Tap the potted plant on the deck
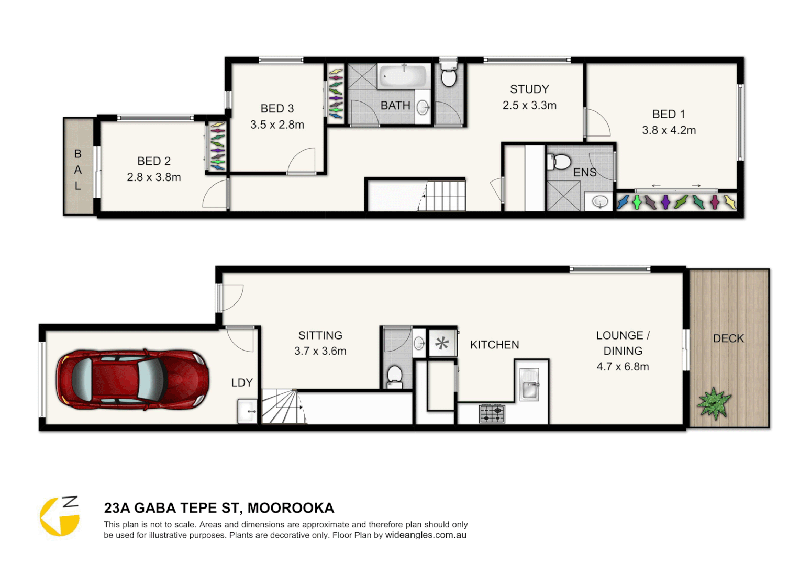pyautogui.click(x=714, y=403)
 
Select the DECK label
pyautogui.click(x=728, y=338)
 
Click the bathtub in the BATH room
pyautogui.click(x=403, y=76)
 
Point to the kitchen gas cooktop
pyautogui.click(x=492, y=414)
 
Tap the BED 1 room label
pyautogui.click(x=669, y=114)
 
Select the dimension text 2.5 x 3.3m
pyautogui.click(x=529, y=105)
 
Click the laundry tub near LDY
pyautogui.click(x=247, y=411)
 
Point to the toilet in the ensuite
pyautogui.click(x=560, y=162)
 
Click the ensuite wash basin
pyautogui.click(x=600, y=201)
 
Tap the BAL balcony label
pyautogui.click(x=77, y=169)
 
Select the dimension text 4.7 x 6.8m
pyautogui.click(x=623, y=367)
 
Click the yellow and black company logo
pyautogui.click(x=60, y=516)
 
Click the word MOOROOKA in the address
pyautogui.click(x=291, y=508)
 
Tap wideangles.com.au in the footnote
pyautogui.click(x=426, y=535)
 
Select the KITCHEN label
pyautogui.click(x=494, y=345)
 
